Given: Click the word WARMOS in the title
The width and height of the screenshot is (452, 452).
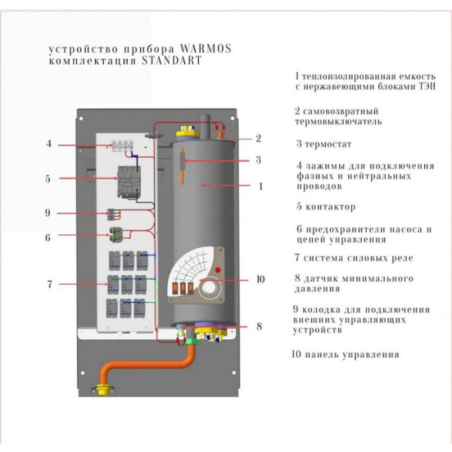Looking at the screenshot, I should [x=206, y=50].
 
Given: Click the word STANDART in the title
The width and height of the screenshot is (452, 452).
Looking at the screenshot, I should [x=171, y=62].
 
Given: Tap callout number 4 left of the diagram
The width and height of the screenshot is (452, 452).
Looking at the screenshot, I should [x=48, y=144].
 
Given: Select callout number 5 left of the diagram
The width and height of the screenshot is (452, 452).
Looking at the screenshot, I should [x=48, y=179].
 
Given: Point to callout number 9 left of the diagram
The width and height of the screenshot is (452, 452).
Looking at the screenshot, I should [x=48, y=213].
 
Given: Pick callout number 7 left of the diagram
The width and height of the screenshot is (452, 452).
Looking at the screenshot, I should [x=48, y=285].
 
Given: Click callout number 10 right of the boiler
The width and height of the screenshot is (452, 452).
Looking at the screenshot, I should [x=260, y=279].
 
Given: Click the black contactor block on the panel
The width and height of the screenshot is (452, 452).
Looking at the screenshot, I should [x=124, y=182].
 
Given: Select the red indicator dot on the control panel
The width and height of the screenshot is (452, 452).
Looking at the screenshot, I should [x=219, y=270].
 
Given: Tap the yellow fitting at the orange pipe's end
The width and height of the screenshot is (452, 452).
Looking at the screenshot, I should [x=99, y=391].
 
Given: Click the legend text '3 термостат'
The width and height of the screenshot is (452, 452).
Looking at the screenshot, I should [x=325, y=143].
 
